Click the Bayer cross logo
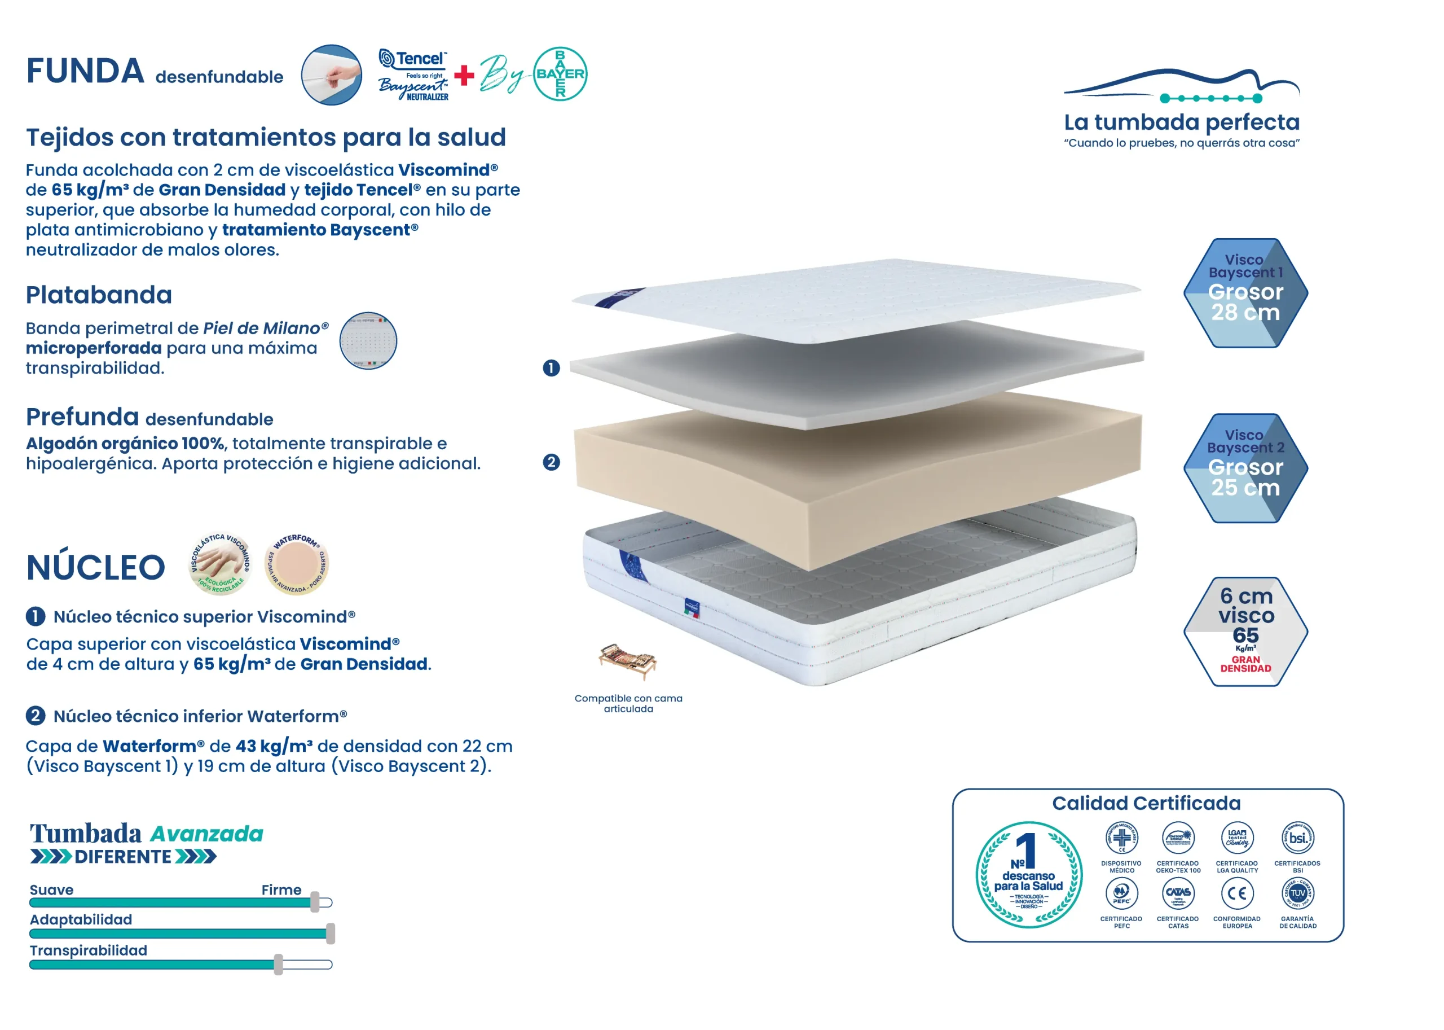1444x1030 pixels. pyautogui.click(x=560, y=73)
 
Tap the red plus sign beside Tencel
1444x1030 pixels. pyautogui.click(x=464, y=75)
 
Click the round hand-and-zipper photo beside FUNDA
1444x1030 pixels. pyautogui.click(x=332, y=75)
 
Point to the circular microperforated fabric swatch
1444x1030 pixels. pyautogui.click(x=368, y=340)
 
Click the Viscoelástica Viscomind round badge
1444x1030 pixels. pyautogui.click(x=221, y=563)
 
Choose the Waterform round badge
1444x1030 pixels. pyautogui.click(x=296, y=563)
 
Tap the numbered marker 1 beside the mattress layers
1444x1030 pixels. pyautogui.click(x=552, y=368)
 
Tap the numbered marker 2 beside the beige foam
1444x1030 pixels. pyautogui.click(x=552, y=462)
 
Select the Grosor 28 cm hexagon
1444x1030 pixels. pyautogui.click(x=1245, y=293)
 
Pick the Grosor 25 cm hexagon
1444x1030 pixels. pyautogui.click(x=1245, y=468)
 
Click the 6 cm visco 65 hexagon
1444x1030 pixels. pyautogui.click(x=1245, y=632)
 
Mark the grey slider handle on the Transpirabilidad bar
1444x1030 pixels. pyautogui.click(x=278, y=964)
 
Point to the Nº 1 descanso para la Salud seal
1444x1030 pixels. pyautogui.click(x=1029, y=875)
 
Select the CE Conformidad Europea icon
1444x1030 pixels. pyautogui.click(x=1237, y=893)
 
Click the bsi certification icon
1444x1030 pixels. pyautogui.click(x=1297, y=837)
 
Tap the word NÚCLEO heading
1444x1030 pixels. pyautogui.click(x=96, y=567)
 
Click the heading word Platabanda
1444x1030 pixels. pyautogui.click(x=99, y=295)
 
